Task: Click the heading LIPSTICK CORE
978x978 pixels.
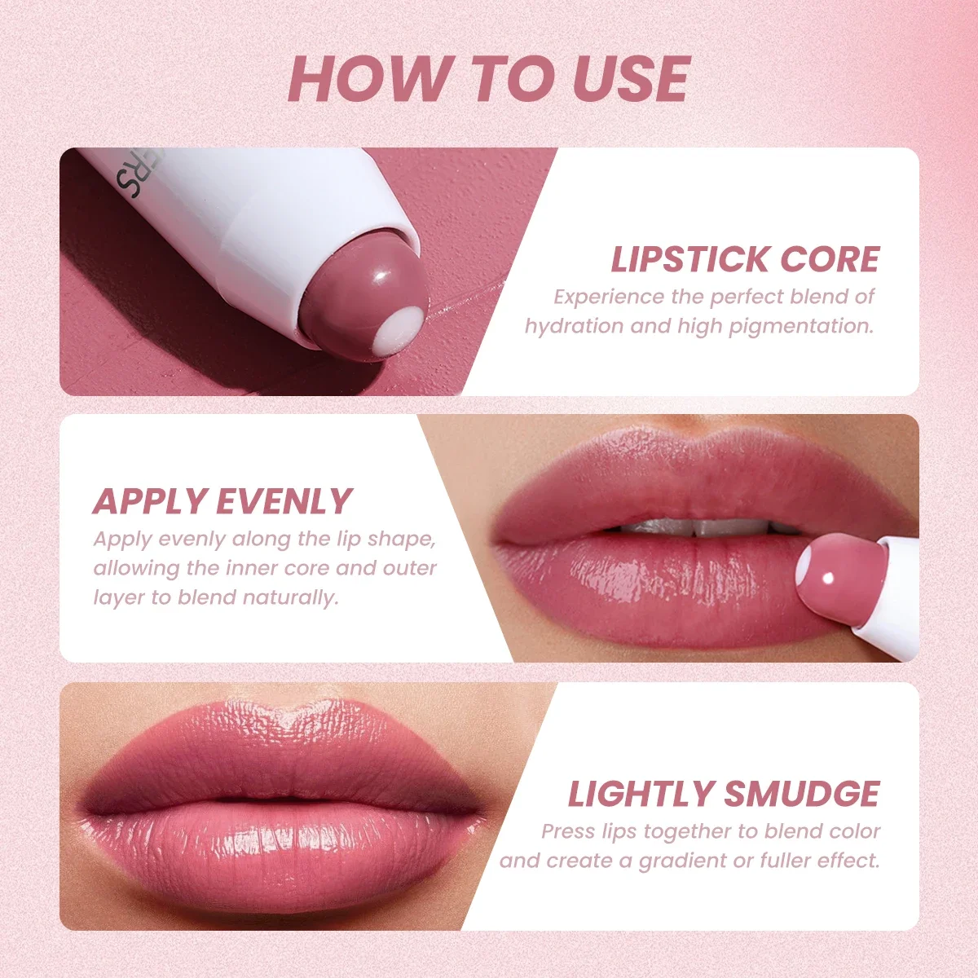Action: (745, 259)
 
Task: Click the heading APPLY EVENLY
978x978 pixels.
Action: (222, 501)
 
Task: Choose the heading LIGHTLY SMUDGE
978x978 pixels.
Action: (724, 794)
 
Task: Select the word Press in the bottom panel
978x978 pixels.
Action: (569, 831)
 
